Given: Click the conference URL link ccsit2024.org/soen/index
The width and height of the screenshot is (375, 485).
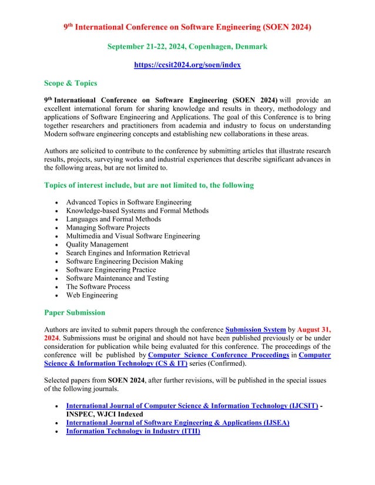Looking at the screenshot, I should click(187, 65).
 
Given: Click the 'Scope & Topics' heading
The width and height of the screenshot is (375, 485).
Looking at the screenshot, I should click(71, 83).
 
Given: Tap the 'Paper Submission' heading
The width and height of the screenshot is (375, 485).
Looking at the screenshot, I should click(75, 312).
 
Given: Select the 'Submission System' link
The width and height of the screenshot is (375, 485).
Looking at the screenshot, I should click(256, 330).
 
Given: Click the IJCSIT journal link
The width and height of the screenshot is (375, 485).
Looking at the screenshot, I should click(192, 406).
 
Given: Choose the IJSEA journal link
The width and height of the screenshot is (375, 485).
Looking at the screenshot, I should click(178, 423).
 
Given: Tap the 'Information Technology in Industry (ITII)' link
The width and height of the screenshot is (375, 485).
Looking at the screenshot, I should click(133, 431).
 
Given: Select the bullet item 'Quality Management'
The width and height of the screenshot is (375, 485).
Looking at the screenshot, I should click(97, 244).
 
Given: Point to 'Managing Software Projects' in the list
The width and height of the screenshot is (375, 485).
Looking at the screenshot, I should click(108, 228).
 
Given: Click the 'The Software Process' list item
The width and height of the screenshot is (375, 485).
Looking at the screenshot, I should click(98, 287).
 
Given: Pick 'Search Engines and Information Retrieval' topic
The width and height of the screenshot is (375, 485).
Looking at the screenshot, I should click(128, 253).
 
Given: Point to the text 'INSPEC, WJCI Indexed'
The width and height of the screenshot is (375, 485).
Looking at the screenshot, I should click(104, 414).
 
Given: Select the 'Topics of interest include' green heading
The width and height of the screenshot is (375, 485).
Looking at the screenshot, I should click(149, 186).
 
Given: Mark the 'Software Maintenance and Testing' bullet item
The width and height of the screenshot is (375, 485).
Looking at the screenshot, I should click(117, 278).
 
